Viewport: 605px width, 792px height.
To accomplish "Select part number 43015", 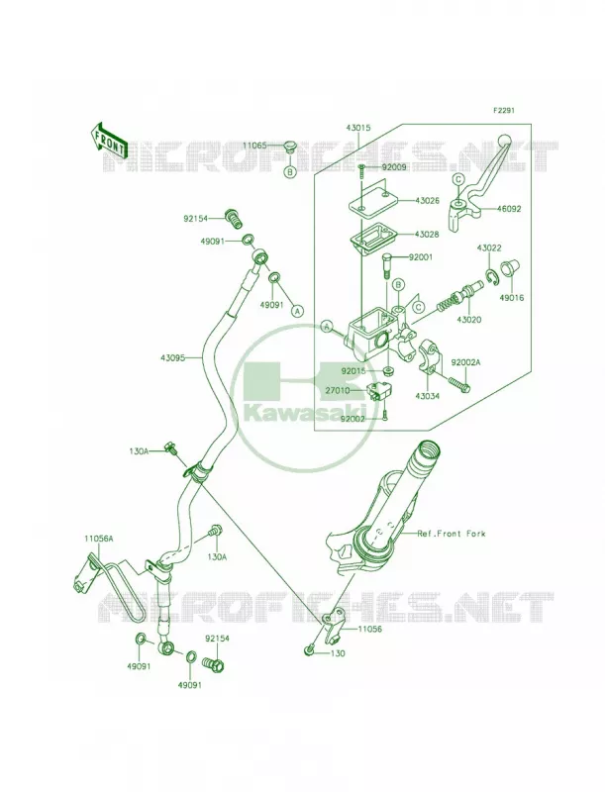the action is [358, 128].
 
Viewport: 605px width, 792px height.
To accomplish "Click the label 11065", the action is [255, 146].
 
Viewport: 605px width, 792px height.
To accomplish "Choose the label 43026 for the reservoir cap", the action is [426, 201].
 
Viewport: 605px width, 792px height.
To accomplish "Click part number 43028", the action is [426, 235].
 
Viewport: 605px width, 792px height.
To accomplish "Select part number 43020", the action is [468, 319].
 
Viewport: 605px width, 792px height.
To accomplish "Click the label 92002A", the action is [465, 362].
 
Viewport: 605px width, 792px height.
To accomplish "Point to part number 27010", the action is [338, 390].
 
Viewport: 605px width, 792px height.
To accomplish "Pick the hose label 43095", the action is [173, 357].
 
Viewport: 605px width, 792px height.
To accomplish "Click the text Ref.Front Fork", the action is [451, 534].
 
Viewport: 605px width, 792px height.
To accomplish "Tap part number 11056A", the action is [98, 539].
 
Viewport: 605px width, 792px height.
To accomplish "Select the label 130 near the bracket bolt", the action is [338, 653].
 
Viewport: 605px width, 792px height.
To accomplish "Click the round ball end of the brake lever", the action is [504, 141].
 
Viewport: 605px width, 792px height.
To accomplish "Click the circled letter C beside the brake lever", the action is [458, 179].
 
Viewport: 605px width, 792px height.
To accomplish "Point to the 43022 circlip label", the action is [489, 248].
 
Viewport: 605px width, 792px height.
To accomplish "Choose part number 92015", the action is [354, 370].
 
